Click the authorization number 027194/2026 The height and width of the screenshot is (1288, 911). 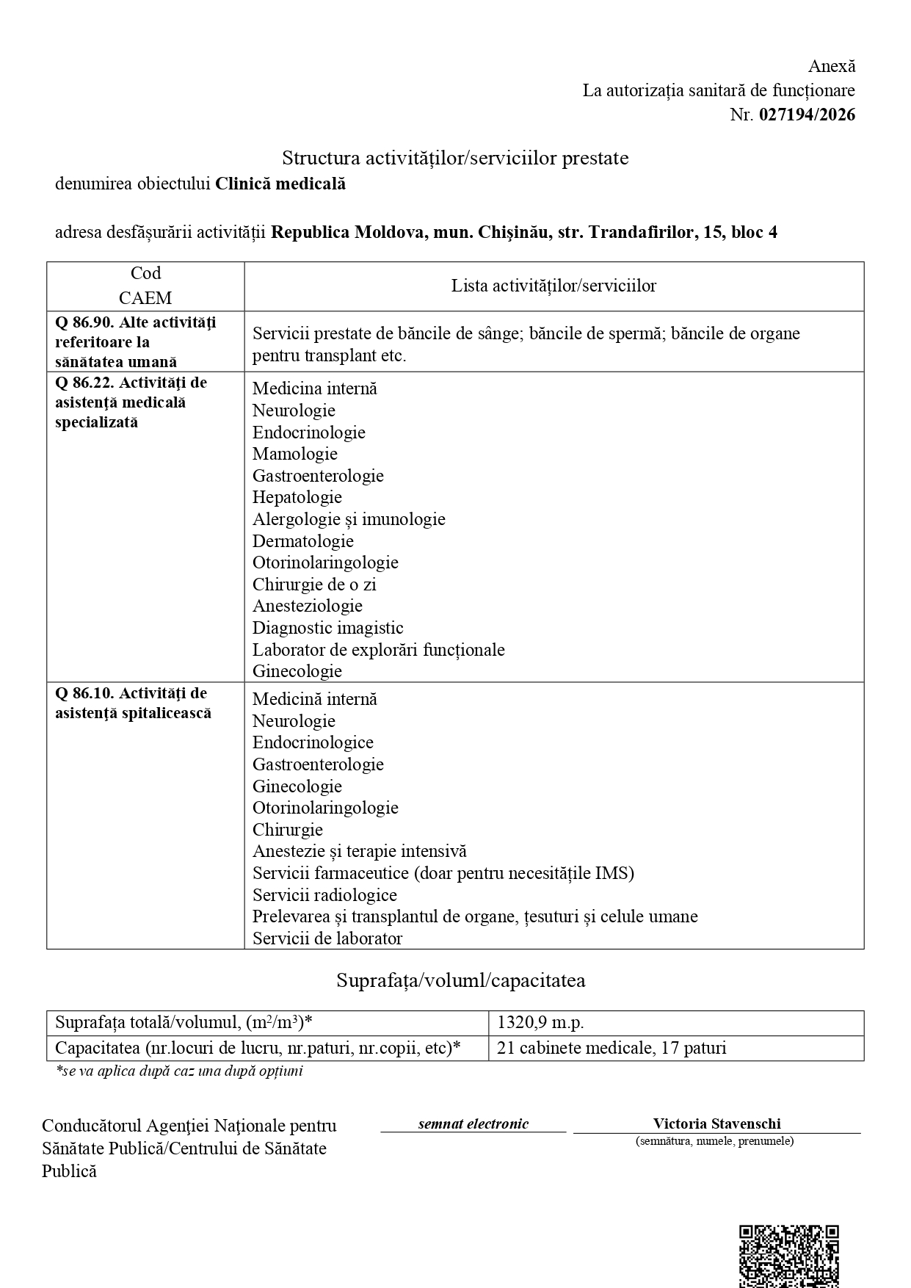pos(807,115)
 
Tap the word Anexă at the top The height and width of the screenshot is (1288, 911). pos(832,66)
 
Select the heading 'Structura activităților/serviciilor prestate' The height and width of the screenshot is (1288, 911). pos(455,158)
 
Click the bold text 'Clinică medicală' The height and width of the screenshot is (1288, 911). pos(280,184)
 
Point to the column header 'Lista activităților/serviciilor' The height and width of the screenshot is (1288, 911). pos(554,286)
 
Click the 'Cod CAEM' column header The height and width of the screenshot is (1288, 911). pos(145,286)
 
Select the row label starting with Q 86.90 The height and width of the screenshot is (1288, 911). pos(136,341)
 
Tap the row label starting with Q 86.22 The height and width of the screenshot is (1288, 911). pos(131,402)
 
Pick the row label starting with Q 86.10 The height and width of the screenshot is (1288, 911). pos(133,703)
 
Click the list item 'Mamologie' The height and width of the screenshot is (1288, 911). pos(295,454)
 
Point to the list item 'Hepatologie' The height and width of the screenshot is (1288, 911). pos(297,497)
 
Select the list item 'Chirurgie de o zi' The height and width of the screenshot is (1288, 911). pos(314,585)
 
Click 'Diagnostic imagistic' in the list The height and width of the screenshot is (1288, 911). pos(328,628)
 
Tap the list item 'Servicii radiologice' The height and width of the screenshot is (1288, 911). pos(324,895)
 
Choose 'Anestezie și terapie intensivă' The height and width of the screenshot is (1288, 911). pos(360,851)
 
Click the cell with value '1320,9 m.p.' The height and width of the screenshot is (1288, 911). pos(540,1022)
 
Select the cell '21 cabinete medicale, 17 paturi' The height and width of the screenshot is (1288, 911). pos(611,1048)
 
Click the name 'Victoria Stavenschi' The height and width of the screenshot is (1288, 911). pos(716,1124)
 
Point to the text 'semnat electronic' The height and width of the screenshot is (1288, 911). pos(473,1124)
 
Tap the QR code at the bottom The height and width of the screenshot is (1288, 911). pos(788,1256)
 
